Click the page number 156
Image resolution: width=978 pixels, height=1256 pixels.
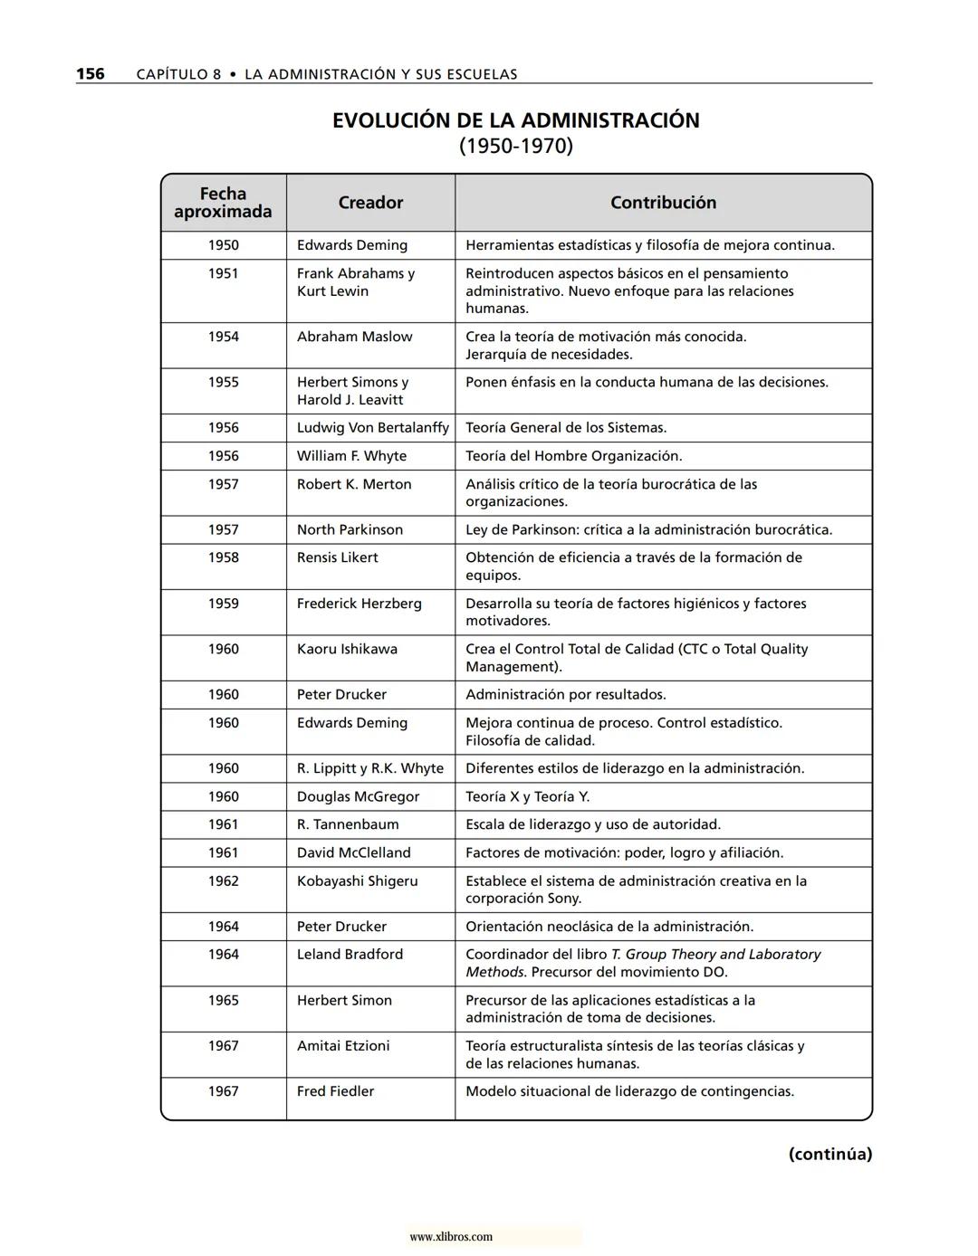click(90, 74)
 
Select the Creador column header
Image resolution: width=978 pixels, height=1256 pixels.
click(370, 203)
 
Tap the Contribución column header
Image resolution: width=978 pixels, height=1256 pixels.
click(663, 203)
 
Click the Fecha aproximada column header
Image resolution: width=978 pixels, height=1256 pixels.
click(223, 203)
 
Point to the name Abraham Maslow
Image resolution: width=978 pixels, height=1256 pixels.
click(354, 337)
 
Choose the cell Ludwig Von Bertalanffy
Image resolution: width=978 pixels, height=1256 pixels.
click(372, 428)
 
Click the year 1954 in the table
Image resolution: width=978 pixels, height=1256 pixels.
click(223, 337)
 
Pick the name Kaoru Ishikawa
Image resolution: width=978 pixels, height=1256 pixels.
click(347, 649)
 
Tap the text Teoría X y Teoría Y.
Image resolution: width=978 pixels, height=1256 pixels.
click(527, 796)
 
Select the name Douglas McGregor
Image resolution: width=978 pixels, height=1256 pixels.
click(358, 796)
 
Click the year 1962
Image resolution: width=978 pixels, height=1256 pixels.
click(223, 880)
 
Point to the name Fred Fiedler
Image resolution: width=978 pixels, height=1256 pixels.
click(335, 1091)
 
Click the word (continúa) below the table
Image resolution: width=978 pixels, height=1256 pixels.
click(829, 1154)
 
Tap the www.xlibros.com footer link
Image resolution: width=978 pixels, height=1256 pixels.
click(451, 1237)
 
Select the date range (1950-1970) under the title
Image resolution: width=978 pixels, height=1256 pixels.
click(515, 146)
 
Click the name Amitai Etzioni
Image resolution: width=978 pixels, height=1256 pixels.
click(343, 1046)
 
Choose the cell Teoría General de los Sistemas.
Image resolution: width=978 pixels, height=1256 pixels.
click(566, 428)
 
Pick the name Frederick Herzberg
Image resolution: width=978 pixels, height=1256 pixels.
click(359, 604)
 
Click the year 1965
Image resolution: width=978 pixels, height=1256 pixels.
click(223, 1000)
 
